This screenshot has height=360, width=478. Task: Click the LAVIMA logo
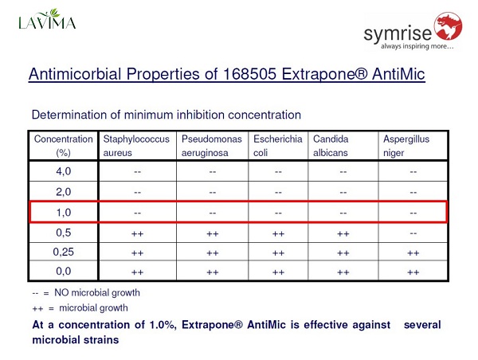[47, 19]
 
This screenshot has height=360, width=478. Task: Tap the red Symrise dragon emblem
[448, 26]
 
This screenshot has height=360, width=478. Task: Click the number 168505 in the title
[250, 74]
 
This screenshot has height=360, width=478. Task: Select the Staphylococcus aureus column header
[136, 146]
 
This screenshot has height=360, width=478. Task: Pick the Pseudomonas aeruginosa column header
[212, 146]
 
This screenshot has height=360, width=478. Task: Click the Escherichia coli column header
[278, 146]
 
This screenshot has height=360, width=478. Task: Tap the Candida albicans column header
[331, 146]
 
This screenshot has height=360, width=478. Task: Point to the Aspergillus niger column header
[406, 146]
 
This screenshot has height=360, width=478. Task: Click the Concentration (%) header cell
[64, 146]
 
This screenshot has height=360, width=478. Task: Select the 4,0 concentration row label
[64, 171]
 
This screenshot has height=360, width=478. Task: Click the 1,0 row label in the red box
[64, 213]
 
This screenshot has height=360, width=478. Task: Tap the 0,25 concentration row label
[64, 252]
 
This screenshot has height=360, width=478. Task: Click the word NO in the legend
[61, 292]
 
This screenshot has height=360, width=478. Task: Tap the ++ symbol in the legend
[37, 308]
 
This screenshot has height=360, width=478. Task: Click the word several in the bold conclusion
[422, 325]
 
